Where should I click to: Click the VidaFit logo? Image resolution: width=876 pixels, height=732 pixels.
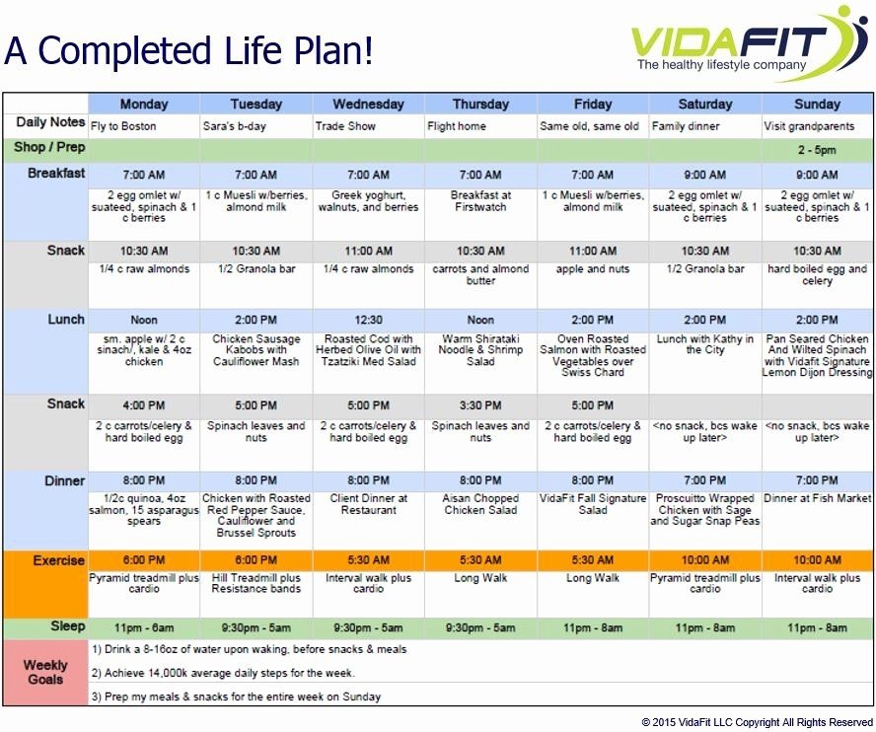click(x=749, y=43)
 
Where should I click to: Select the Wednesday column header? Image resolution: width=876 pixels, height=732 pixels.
click(x=368, y=104)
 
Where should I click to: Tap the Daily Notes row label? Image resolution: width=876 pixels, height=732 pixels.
click(x=50, y=122)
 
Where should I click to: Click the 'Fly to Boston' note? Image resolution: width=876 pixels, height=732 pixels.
click(x=123, y=126)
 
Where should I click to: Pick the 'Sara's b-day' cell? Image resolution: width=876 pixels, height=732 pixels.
click(x=234, y=126)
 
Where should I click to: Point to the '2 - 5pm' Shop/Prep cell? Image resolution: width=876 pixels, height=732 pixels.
click(x=817, y=150)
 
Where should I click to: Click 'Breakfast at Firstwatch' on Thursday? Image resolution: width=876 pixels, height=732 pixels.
click(x=480, y=201)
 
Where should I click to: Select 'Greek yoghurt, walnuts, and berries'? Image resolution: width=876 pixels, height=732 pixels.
click(x=368, y=201)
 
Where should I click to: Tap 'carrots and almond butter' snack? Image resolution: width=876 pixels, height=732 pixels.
click(x=480, y=274)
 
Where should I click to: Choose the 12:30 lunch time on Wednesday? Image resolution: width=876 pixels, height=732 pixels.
click(x=368, y=321)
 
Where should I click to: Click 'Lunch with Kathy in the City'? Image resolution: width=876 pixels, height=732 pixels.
click(x=705, y=344)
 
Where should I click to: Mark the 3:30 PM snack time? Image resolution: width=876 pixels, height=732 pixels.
click(x=480, y=405)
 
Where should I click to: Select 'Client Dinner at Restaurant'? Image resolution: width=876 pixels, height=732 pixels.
click(x=368, y=504)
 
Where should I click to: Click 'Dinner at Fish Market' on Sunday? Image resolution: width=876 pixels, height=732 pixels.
click(x=818, y=498)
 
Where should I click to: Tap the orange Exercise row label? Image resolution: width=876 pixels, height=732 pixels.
click(x=58, y=560)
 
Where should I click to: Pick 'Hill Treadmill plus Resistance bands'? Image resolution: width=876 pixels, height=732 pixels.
click(x=255, y=583)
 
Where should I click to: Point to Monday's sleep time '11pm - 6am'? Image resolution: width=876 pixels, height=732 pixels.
click(x=144, y=628)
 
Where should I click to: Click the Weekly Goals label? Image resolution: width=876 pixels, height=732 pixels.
click(x=45, y=672)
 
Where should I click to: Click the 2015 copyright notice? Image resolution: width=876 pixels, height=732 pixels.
click(x=757, y=722)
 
